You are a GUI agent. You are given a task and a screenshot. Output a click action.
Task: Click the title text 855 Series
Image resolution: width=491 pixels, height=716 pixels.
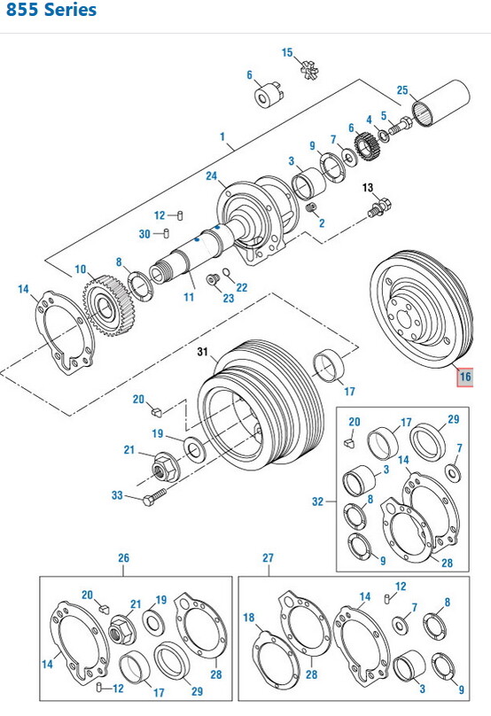(50, 12)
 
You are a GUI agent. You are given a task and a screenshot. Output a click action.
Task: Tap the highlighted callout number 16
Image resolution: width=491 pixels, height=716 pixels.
(465, 377)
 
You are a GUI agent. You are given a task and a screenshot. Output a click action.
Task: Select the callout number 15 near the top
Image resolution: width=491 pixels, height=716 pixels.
(287, 53)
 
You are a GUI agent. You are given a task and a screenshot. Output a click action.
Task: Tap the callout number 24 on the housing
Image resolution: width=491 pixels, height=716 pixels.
(211, 176)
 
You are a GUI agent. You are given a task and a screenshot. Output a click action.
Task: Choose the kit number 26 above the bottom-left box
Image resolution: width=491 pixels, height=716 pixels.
(123, 558)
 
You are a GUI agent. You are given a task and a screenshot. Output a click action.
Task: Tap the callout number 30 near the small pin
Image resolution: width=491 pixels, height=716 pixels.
(144, 234)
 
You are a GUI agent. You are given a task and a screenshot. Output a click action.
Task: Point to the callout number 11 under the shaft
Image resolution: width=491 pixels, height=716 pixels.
(189, 297)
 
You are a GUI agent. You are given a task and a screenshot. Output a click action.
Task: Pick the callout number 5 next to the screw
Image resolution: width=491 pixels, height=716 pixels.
(384, 115)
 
